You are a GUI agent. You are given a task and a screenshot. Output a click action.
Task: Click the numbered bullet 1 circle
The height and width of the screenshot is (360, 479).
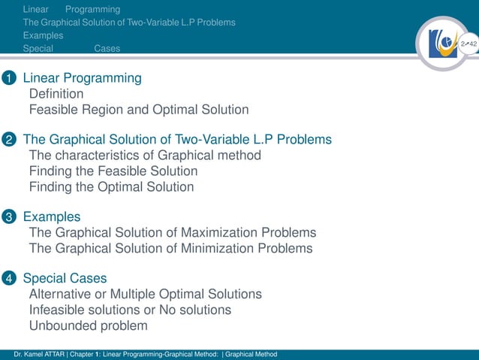pyautogui.click(x=8, y=78)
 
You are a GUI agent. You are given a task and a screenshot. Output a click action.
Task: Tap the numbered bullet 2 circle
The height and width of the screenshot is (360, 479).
pyautogui.click(x=8, y=140)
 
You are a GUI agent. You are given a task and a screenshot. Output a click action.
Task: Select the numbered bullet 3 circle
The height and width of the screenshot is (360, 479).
pyautogui.click(x=8, y=217)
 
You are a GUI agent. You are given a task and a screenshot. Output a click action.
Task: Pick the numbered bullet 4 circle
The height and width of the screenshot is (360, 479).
pyautogui.click(x=8, y=279)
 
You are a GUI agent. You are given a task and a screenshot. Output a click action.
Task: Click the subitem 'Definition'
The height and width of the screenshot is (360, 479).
pyautogui.click(x=56, y=94)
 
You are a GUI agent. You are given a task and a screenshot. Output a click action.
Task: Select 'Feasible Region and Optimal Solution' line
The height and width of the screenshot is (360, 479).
pyautogui.click(x=138, y=110)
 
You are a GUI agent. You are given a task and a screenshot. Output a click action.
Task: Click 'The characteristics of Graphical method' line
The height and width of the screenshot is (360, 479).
pyautogui.click(x=145, y=156)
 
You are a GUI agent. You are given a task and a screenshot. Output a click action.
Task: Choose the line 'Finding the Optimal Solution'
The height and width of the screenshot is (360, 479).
pyautogui.click(x=111, y=186)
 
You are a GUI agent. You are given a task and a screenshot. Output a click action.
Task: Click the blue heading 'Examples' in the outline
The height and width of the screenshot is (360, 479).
pyautogui.click(x=52, y=217)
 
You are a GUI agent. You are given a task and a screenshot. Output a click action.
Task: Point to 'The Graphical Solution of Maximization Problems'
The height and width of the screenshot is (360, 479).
pyautogui.click(x=172, y=233)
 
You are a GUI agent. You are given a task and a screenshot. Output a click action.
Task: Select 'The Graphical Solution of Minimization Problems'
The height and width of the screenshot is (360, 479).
pyautogui.click(x=170, y=248)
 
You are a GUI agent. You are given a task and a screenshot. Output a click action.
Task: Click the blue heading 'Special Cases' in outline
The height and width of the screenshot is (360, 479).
pyautogui.click(x=65, y=279)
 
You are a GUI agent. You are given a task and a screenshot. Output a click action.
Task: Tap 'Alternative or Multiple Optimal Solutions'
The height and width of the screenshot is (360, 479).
pyautogui.click(x=145, y=295)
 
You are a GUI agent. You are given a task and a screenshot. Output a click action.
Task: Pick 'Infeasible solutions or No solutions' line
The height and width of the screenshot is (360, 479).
pyautogui.click(x=130, y=310)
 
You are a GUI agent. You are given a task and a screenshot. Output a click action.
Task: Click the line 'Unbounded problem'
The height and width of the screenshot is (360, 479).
pyautogui.click(x=88, y=325)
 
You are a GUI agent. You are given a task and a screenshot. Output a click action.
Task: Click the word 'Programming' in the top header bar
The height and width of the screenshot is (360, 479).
pyautogui.click(x=92, y=10)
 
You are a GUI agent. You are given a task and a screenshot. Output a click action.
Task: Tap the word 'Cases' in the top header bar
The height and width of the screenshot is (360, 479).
pyautogui.click(x=107, y=48)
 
